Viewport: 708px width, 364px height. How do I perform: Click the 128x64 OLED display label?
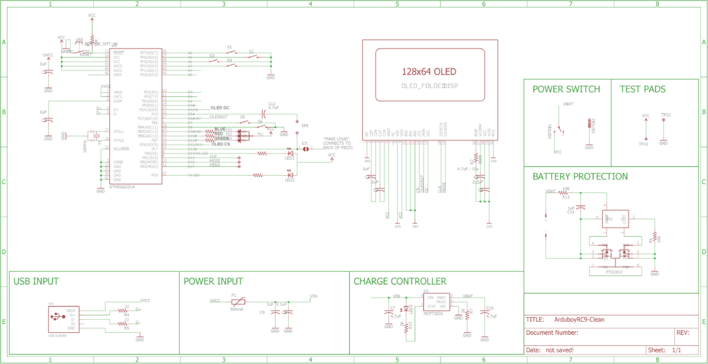tap(429, 71)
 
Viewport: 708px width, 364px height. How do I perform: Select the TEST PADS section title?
tap(642, 89)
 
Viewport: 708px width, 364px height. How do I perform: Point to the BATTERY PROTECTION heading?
tap(580, 176)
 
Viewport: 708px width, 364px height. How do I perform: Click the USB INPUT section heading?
tap(36, 282)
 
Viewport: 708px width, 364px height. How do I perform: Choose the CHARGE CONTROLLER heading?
tap(400, 282)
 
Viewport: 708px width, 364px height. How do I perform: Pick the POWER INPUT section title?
tap(213, 282)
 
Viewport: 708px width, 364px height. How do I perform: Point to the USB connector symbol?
tap(55, 318)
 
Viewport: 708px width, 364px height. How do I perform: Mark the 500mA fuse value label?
tap(236, 309)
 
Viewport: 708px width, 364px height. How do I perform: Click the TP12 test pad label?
tap(666, 115)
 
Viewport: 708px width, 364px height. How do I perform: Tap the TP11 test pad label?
tap(643, 144)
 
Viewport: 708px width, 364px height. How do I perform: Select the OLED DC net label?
tap(220, 108)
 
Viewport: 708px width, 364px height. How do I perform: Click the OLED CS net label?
tap(221, 144)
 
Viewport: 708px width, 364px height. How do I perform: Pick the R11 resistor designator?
tap(565, 197)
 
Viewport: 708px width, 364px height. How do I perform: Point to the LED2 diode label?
tap(289, 181)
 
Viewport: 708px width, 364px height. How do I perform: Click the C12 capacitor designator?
tap(272, 104)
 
